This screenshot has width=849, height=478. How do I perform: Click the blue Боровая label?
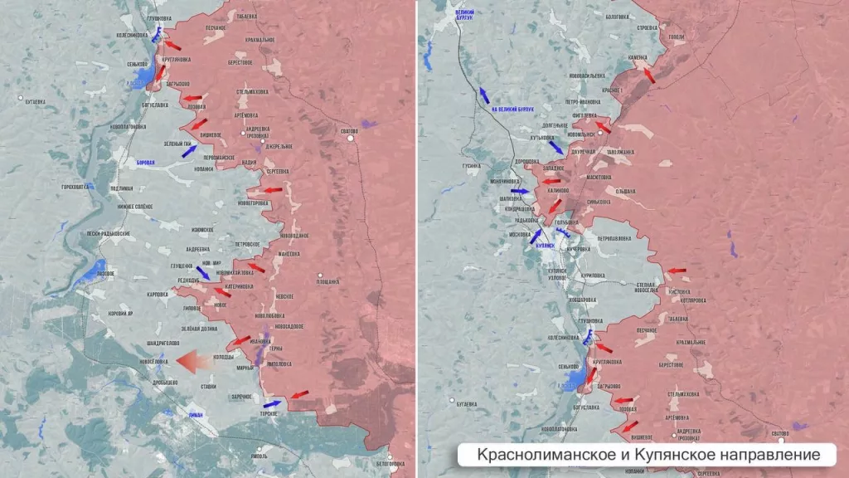145,163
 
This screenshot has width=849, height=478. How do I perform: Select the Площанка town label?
327,281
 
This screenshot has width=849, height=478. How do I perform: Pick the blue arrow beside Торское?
270,405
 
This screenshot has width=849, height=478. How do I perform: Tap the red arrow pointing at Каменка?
650,75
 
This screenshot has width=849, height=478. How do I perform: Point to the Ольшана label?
624,192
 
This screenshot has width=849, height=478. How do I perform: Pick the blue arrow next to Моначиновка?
520,192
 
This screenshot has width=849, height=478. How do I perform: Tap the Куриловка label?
596,274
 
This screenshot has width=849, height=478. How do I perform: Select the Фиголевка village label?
585,116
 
